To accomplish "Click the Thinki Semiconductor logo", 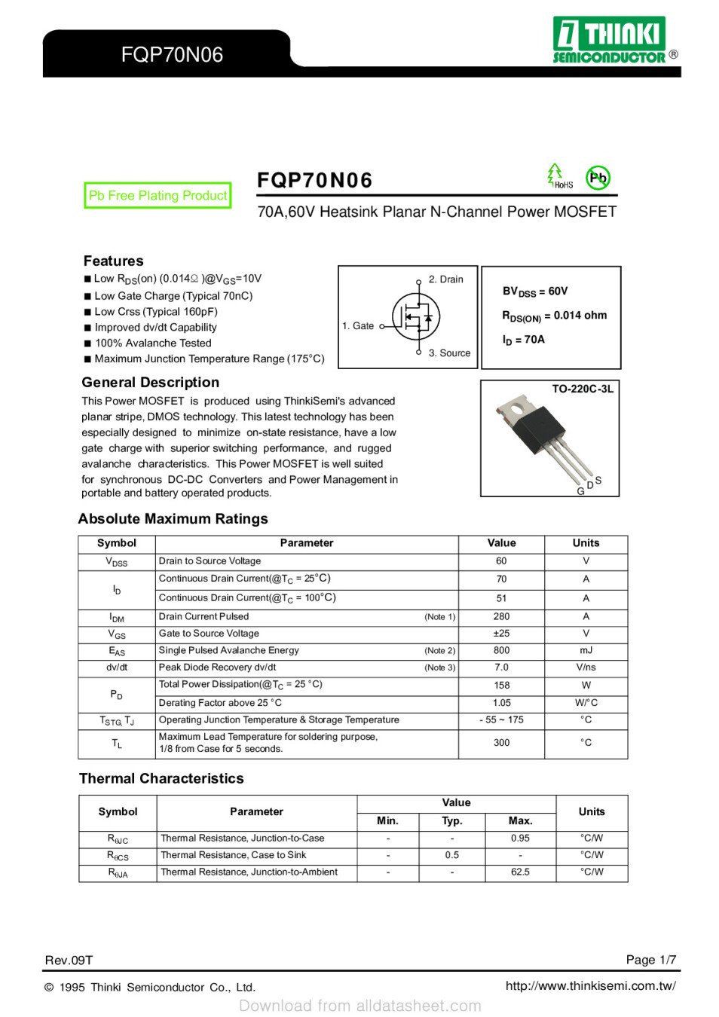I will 610,40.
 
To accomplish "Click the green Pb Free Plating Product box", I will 158,196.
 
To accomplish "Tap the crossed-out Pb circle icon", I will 598,179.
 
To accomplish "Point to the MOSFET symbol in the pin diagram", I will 415,317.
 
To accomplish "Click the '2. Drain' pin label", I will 445,279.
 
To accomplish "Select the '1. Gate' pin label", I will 358,326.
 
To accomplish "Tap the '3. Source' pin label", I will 449,353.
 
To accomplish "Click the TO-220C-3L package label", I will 582,389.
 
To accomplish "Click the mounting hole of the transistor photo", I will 517,411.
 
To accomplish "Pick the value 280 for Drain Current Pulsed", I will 501,616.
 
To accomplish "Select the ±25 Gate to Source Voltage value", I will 501,634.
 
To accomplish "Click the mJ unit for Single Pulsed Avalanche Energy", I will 586,650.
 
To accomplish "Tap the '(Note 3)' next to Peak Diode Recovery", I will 439,667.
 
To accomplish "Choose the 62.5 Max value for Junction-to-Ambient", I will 520,872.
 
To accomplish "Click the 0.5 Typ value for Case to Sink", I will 451,855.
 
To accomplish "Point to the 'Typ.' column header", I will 451,821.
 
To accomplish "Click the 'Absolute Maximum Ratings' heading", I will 173,519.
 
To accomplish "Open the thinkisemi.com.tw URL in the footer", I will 590,985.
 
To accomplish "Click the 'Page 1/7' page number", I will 650,960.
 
